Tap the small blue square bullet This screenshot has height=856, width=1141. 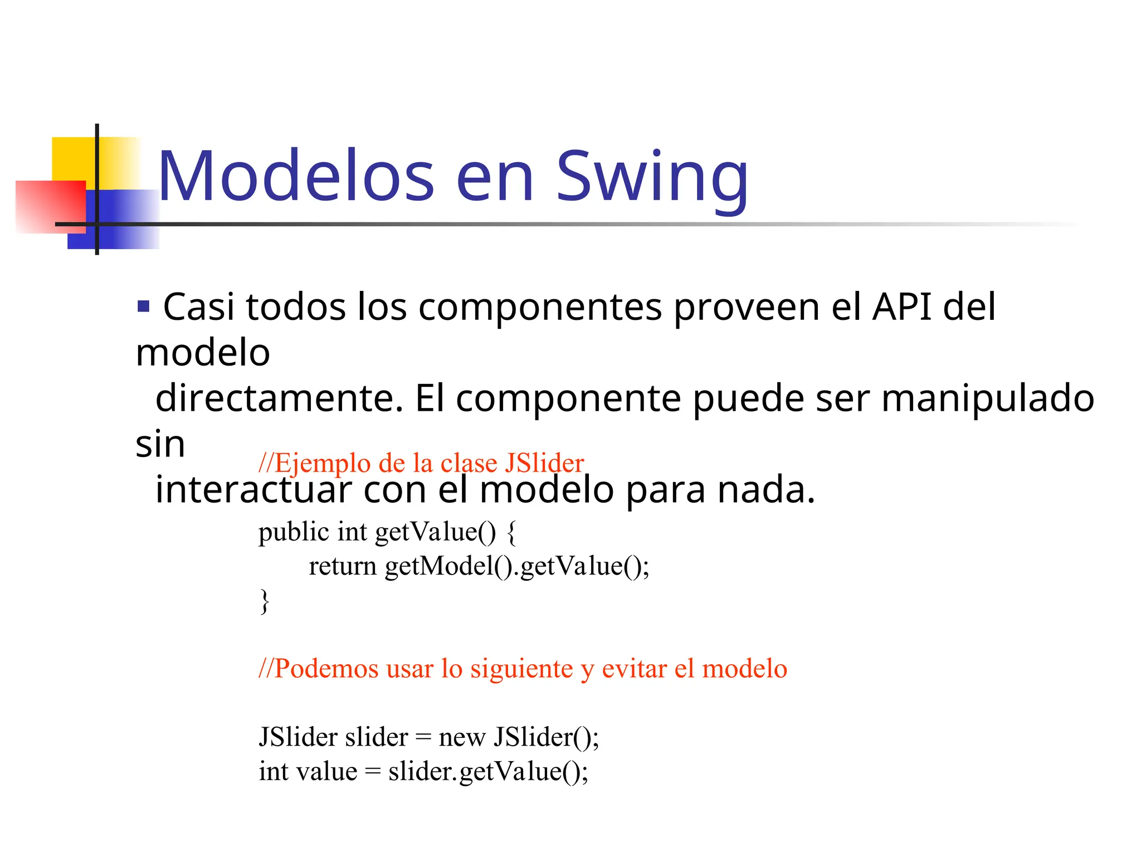[x=143, y=306]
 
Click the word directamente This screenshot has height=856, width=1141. [x=279, y=398]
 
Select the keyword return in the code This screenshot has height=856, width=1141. [x=343, y=566]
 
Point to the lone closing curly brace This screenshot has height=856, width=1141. [x=265, y=601]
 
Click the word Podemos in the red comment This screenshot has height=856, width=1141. [x=326, y=669]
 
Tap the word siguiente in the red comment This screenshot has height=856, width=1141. [x=521, y=669]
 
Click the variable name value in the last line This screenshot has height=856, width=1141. [x=327, y=772]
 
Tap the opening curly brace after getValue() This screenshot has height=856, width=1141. [x=512, y=532]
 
